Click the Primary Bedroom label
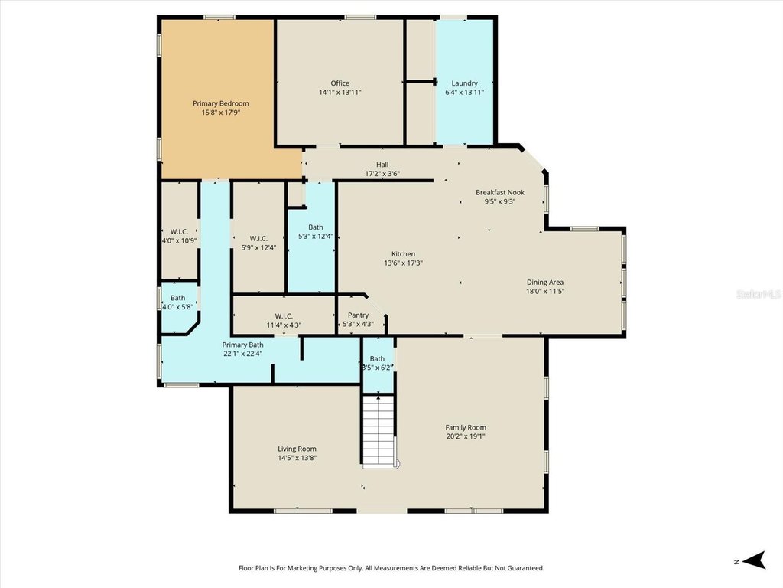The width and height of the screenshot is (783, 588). pyautogui.click(x=220, y=103)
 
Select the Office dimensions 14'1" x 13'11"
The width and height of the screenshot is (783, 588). pyautogui.click(x=340, y=92)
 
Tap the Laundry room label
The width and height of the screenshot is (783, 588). pyautogui.click(x=464, y=83)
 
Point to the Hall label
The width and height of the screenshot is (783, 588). pyautogui.click(x=382, y=165)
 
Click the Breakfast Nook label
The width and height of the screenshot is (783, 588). pyautogui.click(x=500, y=192)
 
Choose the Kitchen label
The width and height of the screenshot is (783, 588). pyautogui.click(x=403, y=254)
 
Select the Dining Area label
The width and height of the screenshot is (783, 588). pyautogui.click(x=544, y=282)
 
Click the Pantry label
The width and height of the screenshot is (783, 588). pyautogui.click(x=358, y=315)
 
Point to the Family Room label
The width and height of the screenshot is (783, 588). pyautogui.click(x=466, y=428)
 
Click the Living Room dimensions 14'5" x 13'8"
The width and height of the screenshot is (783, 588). pyautogui.click(x=297, y=458)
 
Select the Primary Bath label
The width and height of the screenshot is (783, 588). pyautogui.click(x=242, y=345)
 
